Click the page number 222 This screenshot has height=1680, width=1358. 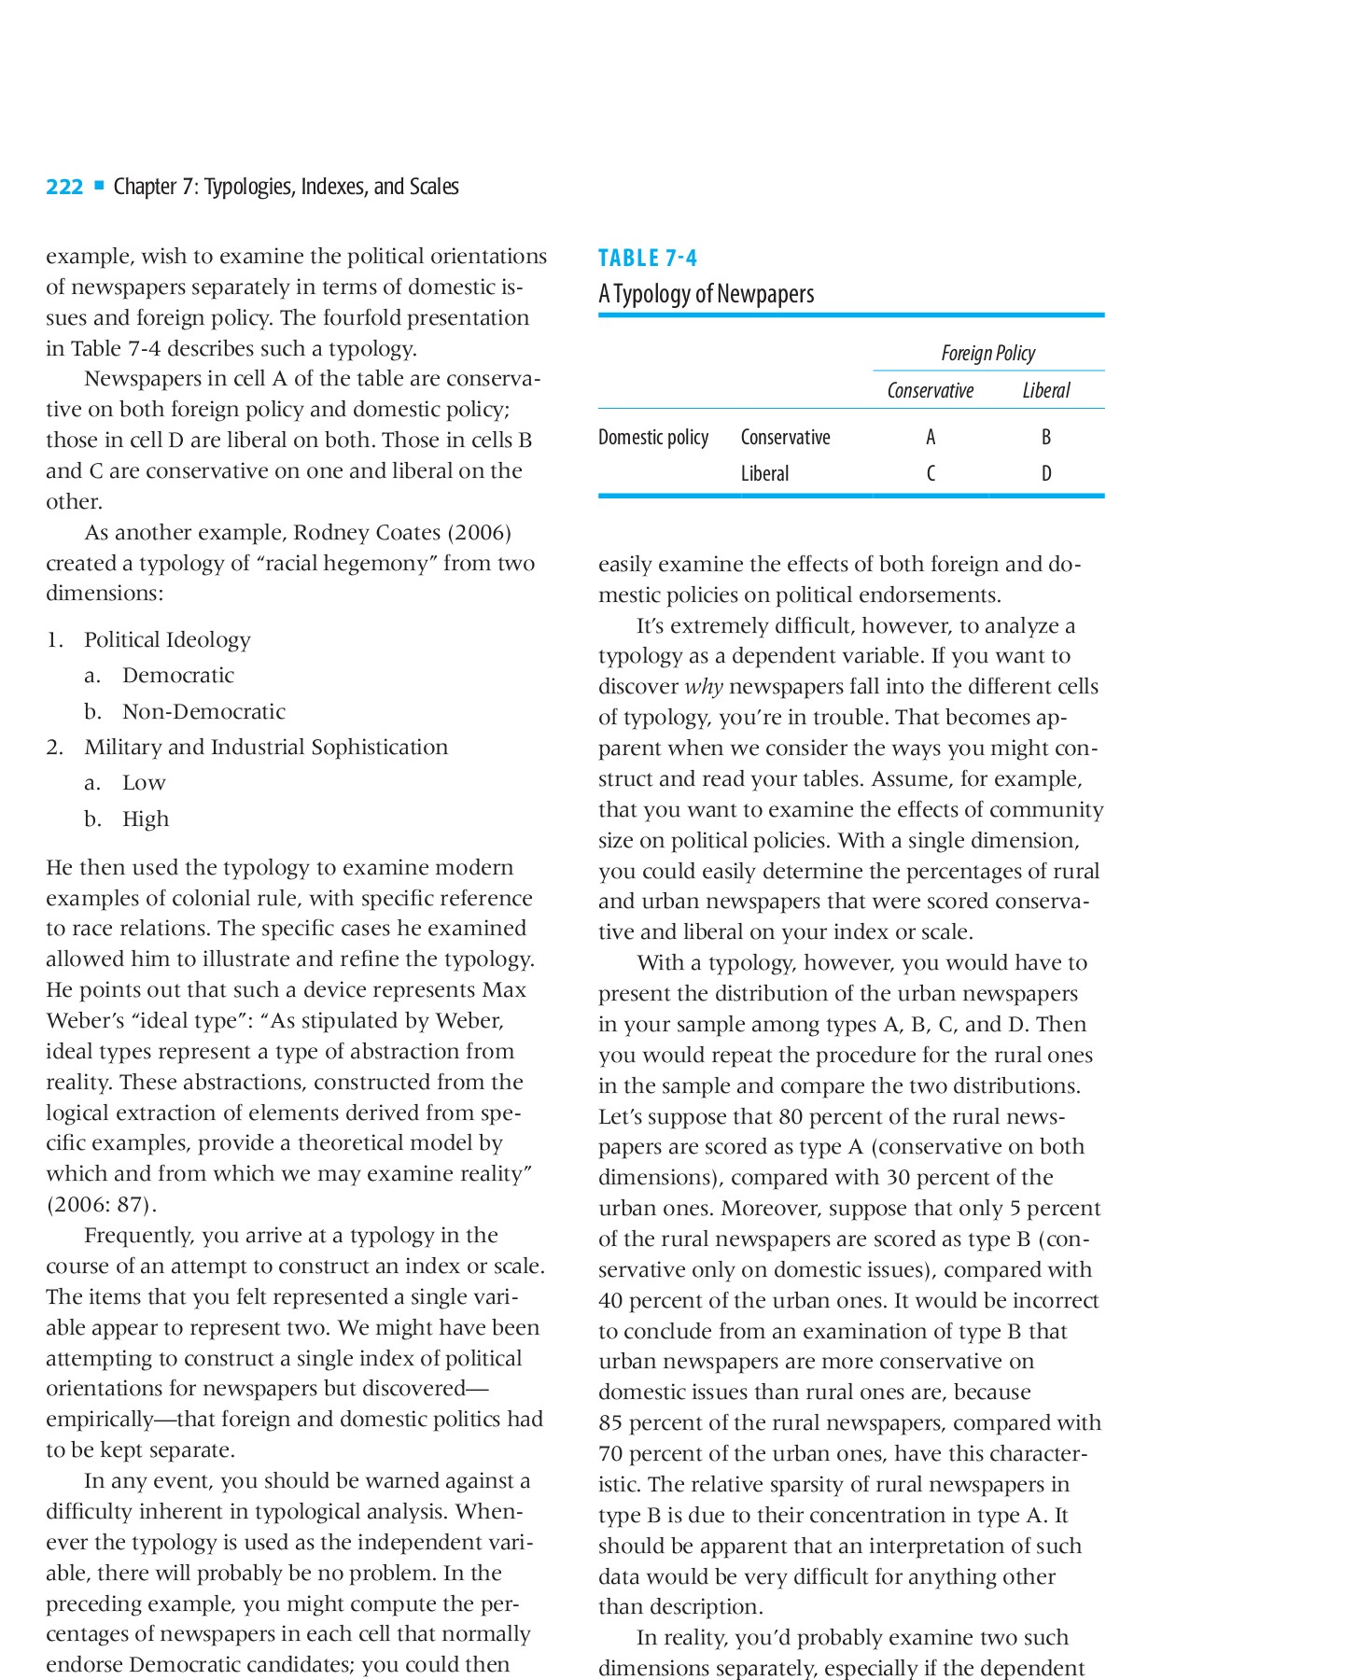click(x=64, y=187)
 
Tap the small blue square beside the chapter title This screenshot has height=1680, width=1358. click(x=99, y=186)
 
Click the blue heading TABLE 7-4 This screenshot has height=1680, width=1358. click(x=648, y=258)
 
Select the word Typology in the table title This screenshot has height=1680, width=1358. click(x=652, y=294)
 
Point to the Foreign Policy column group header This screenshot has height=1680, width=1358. click(x=987, y=353)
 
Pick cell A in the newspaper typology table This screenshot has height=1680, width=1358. click(x=931, y=437)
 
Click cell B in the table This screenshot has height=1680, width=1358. click(x=1046, y=437)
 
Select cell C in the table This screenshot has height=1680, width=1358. click(x=931, y=473)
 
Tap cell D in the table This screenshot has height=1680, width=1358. click(x=1046, y=473)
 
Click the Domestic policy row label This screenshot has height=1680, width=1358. click(x=653, y=437)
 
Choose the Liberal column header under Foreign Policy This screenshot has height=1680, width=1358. click(x=1045, y=390)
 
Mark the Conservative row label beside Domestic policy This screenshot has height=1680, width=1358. click(x=785, y=437)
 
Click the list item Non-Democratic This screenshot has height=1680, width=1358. click(x=203, y=711)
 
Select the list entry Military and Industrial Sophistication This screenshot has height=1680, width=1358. click(x=266, y=747)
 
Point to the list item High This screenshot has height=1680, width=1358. click(x=146, y=819)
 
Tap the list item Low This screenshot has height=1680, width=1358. click(x=144, y=782)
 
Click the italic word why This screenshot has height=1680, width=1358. click(x=704, y=686)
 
